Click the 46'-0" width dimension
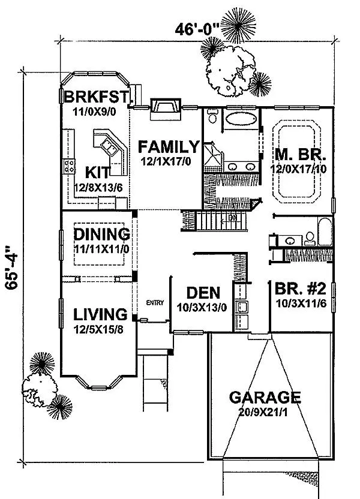click(197, 30)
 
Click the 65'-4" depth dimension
click(12, 267)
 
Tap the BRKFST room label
click(97, 97)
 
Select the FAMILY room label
click(169, 147)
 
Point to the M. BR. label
click(301, 155)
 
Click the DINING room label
click(101, 235)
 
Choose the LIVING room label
click(100, 314)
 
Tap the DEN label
click(203, 293)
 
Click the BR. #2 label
click(301, 289)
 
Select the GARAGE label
click(265, 398)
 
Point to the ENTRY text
click(155, 303)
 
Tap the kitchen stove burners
click(70, 166)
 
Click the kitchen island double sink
click(109, 148)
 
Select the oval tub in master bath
click(241, 119)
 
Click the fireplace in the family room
click(166, 109)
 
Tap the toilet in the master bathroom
click(212, 116)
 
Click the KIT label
click(97, 173)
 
